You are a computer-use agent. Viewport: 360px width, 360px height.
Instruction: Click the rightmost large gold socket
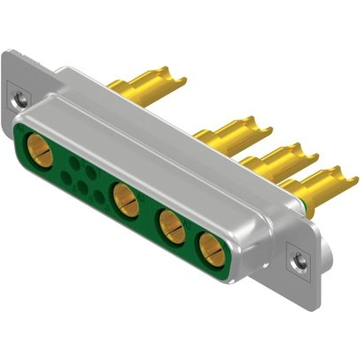pyautogui.click(x=213, y=249)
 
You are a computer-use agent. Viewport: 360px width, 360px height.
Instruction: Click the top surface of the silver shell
pyautogui.click(x=157, y=131)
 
